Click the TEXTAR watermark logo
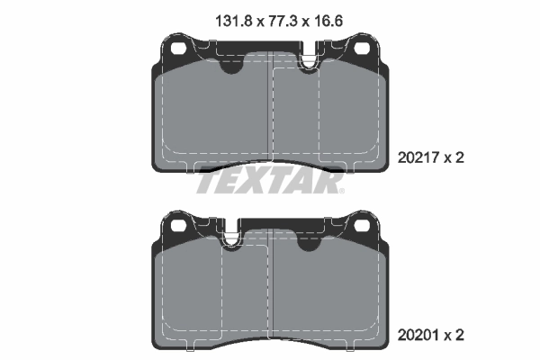coord(270,183)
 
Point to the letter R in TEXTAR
coord(329,183)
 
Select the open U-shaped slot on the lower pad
coord(232,236)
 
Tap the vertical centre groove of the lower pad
coord(270,288)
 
